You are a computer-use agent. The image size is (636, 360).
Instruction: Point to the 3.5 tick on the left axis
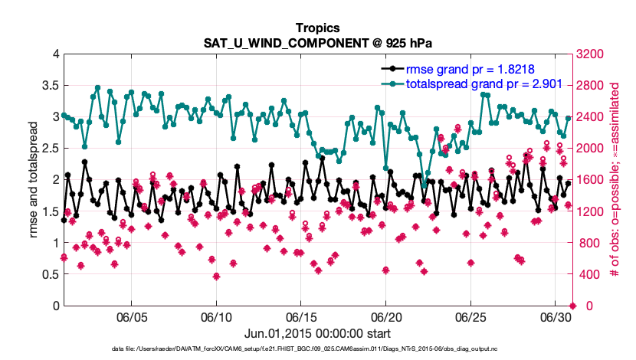(49, 85)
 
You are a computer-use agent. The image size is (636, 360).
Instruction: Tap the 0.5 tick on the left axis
(49, 274)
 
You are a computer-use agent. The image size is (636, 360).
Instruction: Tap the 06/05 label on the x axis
(131, 316)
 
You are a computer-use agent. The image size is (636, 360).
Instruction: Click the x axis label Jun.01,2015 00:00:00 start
(318, 333)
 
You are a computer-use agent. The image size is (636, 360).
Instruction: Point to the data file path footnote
(318, 349)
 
